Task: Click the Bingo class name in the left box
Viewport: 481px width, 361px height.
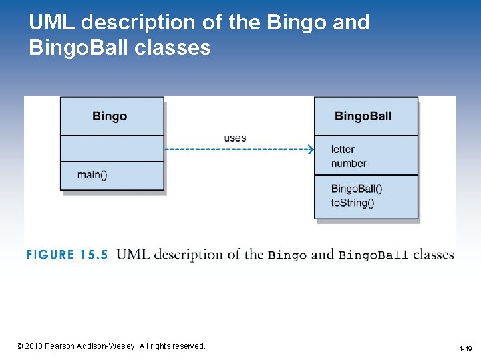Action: (x=110, y=116)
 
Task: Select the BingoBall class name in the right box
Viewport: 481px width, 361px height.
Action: (x=363, y=116)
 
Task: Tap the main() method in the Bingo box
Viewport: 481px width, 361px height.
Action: (x=92, y=175)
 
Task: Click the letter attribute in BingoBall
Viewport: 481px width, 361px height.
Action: (x=343, y=149)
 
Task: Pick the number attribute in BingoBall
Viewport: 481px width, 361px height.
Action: (x=349, y=163)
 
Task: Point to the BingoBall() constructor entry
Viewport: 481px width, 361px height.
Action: (x=357, y=189)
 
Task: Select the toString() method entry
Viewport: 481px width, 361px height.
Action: (x=353, y=203)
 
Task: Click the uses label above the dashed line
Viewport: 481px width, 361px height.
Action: (x=235, y=138)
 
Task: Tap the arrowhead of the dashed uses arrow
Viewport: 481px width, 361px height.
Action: (x=310, y=150)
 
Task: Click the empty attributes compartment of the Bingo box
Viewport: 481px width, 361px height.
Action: (x=112, y=148)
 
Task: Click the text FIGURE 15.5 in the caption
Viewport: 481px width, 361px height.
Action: (x=67, y=255)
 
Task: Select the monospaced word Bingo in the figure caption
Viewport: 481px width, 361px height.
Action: (x=287, y=255)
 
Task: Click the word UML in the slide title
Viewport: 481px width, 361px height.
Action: (x=53, y=23)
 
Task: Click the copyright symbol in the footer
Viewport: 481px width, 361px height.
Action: (x=19, y=346)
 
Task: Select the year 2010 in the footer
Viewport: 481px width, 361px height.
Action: (x=35, y=346)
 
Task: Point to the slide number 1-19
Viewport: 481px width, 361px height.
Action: (x=465, y=349)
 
